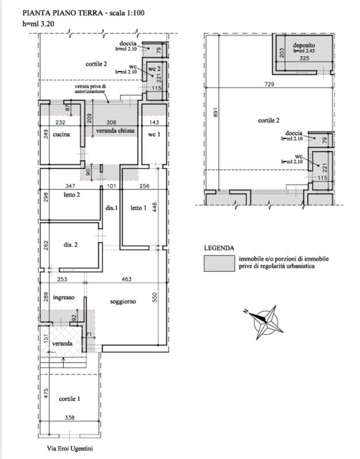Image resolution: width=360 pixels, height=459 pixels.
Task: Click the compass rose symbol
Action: coord(265,320)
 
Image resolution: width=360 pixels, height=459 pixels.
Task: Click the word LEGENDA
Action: coord(218,248)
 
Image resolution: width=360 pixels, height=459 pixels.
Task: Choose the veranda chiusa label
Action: coord(115,131)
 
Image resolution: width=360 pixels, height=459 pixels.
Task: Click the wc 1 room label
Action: coord(153,135)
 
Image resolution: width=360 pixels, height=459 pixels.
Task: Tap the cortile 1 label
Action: coord(69,398)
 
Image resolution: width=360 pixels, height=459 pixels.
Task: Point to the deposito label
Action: coord(303,45)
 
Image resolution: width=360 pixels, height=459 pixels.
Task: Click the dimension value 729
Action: coord(270,84)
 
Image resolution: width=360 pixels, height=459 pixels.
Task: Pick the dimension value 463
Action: coord(127,279)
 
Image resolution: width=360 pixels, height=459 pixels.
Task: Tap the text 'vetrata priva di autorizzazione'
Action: coord(90,90)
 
